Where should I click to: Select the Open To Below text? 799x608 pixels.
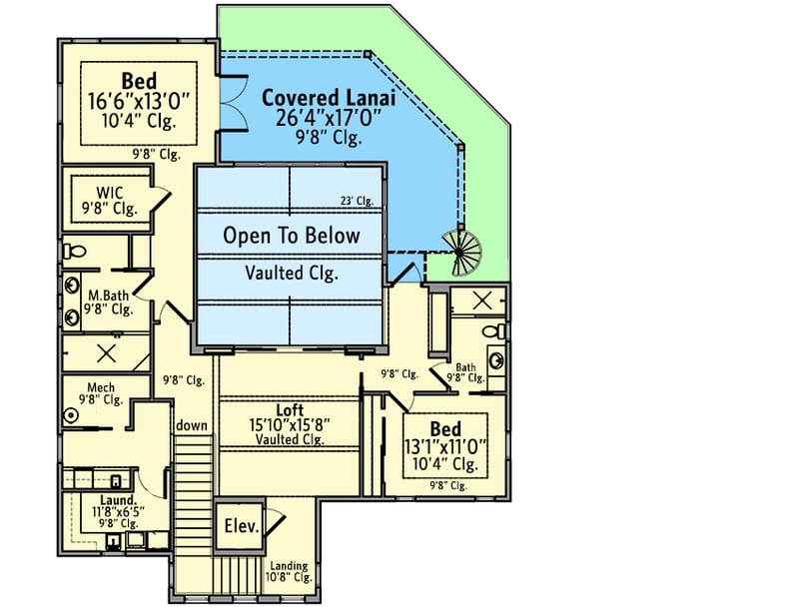(x=290, y=237)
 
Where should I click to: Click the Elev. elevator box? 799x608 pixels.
(x=240, y=526)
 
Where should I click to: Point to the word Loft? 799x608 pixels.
(x=290, y=409)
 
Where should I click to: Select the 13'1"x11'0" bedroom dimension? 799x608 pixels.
(x=445, y=445)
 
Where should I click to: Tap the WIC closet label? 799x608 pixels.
(x=110, y=192)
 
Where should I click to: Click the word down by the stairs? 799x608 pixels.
(x=192, y=426)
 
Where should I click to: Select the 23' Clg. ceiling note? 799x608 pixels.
(x=357, y=201)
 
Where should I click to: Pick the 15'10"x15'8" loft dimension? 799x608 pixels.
(x=290, y=424)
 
